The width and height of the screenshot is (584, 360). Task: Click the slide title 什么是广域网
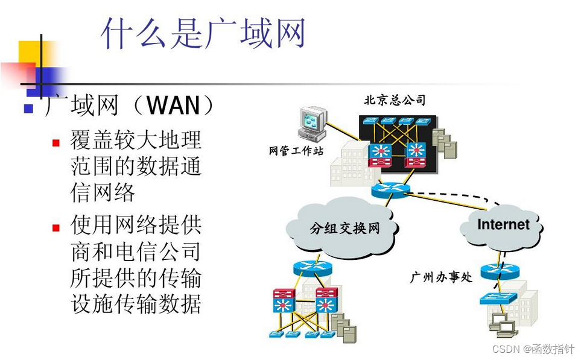[x=203, y=33]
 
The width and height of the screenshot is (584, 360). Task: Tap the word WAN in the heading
[x=173, y=106]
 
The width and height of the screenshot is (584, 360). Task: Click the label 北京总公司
[x=395, y=100]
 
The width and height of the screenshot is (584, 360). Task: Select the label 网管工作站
[x=296, y=151]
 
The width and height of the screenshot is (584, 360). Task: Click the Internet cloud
[x=503, y=225]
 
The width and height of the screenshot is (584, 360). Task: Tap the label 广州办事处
[x=441, y=277]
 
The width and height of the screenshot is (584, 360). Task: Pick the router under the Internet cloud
[x=500, y=271]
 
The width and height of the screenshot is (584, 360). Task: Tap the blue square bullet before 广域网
[x=28, y=109]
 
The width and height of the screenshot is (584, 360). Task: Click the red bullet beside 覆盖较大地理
[x=56, y=143]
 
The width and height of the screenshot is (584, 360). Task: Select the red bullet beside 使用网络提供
[x=56, y=228]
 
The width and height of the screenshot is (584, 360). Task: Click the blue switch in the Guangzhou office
[x=499, y=298]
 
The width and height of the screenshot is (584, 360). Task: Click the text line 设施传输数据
[x=136, y=303]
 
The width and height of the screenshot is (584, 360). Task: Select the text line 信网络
[x=103, y=192]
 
